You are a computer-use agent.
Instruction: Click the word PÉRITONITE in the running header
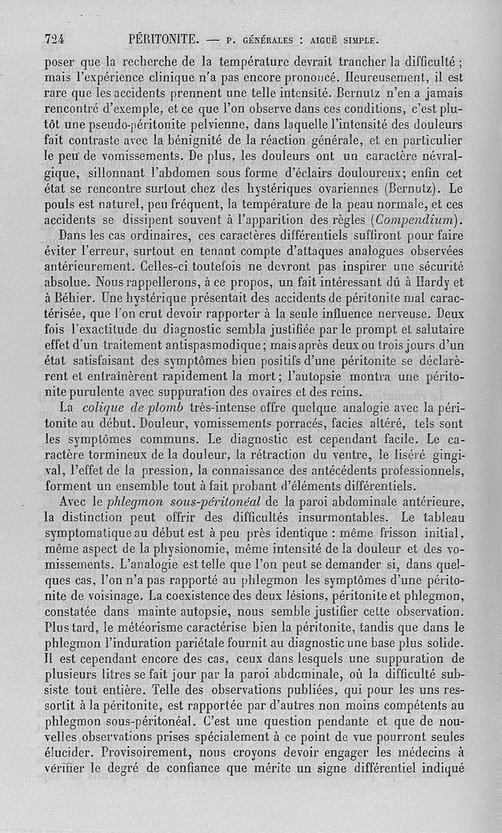pos(163,40)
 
